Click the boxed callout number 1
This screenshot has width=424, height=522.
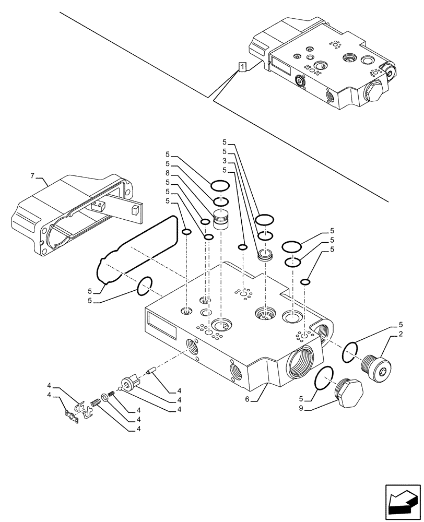[x=243, y=66]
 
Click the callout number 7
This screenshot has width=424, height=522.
[x=34, y=176]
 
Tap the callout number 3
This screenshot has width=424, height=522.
[x=223, y=160]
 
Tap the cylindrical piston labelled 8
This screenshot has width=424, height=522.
[x=222, y=219]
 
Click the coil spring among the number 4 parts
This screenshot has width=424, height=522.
[x=96, y=403]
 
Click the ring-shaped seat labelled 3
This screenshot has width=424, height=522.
[x=266, y=256]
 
